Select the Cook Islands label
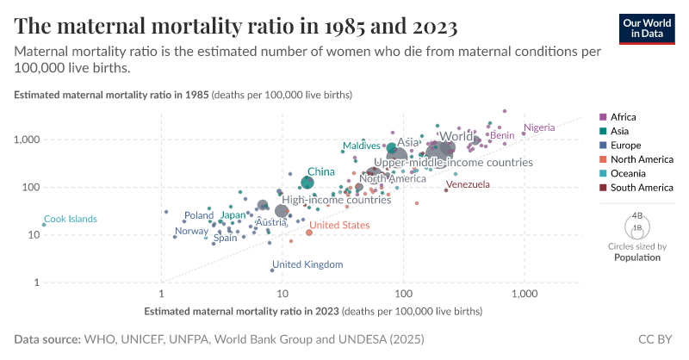point(70,219)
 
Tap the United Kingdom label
point(307,264)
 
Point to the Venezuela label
point(468,184)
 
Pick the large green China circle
point(307,182)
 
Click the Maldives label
point(362,146)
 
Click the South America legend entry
point(642,188)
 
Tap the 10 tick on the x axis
point(282,294)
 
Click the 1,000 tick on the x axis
point(524,294)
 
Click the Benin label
point(502,135)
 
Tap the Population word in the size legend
point(637,257)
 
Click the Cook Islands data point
point(44,225)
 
